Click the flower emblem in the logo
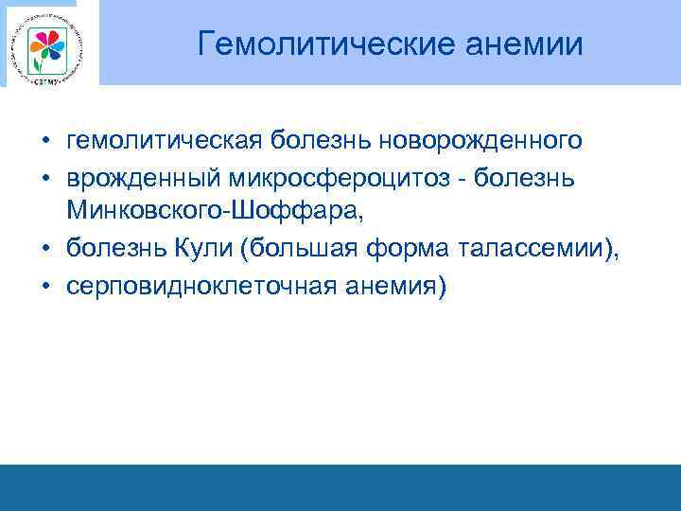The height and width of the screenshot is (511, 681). point(44,44)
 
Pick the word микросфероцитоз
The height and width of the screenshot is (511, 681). point(323,178)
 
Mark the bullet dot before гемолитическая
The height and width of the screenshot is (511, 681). point(45,142)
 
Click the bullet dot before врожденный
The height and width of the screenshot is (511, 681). point(45,179)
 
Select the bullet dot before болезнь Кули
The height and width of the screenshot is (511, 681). point(45,251)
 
